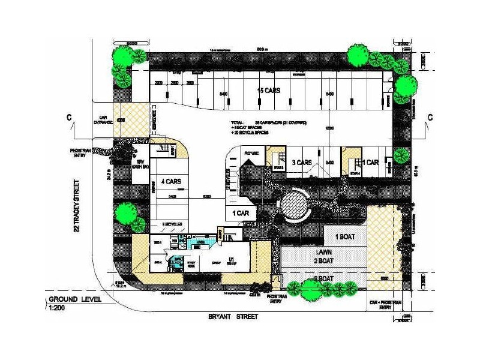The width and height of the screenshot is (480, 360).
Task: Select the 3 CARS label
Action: (x=301, y=163)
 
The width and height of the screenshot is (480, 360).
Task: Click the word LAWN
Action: (x=325, y=253)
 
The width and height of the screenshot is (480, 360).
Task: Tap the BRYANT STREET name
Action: (x=233, y=316)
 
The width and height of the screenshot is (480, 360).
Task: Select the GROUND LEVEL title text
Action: (x=76, y=299)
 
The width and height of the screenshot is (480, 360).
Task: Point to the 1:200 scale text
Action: (x=58, y=307)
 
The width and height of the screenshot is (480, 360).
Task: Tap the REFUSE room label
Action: (x=252, y=154)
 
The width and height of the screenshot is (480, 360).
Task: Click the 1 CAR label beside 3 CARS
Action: (x=371, y=163)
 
